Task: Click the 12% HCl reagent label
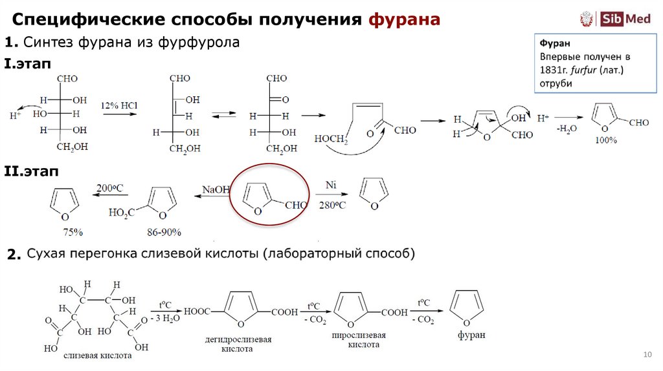[116, 105]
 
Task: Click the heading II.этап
[31, 171]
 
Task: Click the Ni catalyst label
[331, 185]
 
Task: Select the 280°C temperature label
[332, 206]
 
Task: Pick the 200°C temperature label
[109, 189]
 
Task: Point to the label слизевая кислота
[98, 355]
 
